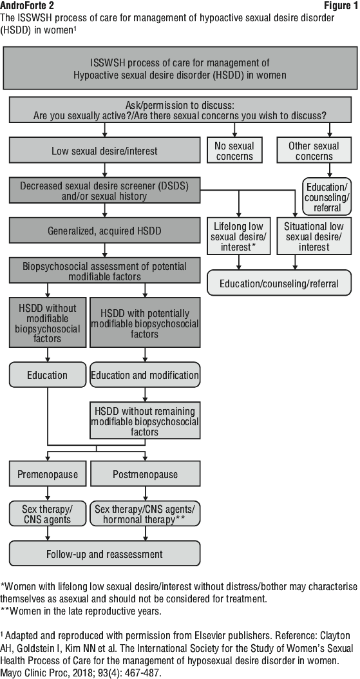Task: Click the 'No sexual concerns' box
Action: (234, 150)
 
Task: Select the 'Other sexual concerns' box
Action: (314, 150)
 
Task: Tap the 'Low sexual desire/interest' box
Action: (105, 150)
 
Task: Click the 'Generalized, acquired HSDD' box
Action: (105, 231)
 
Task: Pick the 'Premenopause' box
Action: (48, 473)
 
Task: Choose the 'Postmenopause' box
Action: (145, 473)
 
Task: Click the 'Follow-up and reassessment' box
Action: (105, 553)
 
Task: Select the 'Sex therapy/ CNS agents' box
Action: (48, 513)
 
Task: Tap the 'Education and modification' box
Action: (145, 374)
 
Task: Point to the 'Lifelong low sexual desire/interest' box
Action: (238, 236)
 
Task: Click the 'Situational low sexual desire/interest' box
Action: (314, 236)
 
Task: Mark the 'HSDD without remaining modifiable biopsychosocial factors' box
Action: (145, 421)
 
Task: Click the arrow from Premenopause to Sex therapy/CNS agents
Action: (48, 493)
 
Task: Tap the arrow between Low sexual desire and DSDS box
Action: (105, 170)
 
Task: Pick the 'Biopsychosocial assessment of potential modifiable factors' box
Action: (105, 271)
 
